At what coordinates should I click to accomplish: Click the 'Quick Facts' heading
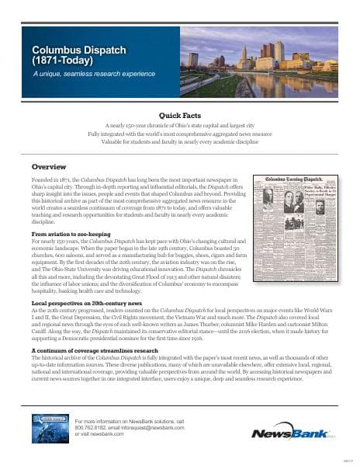click(180, 114)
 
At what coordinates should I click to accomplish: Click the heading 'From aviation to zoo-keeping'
click(71, 233)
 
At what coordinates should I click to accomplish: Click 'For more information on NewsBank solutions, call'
click(130, 419)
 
